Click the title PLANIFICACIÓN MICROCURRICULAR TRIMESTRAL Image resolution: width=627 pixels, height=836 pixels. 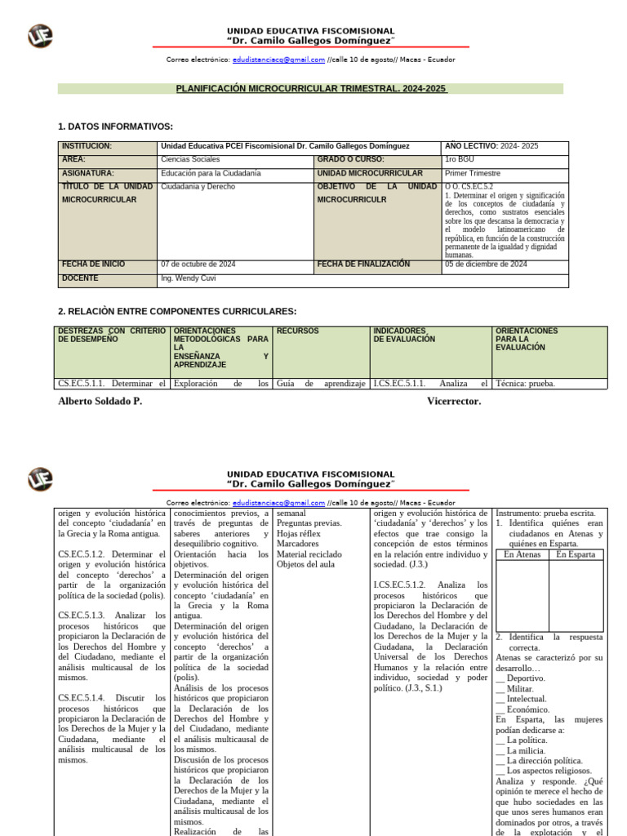pyautogui.click(x=312, y=88)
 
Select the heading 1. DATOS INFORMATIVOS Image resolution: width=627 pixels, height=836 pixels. pyautogui.click(x=116, y=127)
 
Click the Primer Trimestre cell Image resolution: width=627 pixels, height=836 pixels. pyautogui.click(x=473, y=173)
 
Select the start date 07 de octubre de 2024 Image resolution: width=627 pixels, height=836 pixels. pyautogui.click(x=198, y=265)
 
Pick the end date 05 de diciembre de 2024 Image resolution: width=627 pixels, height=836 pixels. pyautogui.click(x=486, y=265)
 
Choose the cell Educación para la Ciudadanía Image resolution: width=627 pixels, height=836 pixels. pyautogui.click(x=211, y=173)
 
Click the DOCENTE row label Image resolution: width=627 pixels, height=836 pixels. pyautogui.click(x=80, y=278)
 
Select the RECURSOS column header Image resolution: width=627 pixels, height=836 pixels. pyautogui.click(x=297, y=331)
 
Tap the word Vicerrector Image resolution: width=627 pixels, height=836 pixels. pyautogui.click(x=454, y=402)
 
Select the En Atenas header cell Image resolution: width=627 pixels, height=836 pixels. pyautogui.click(x=522, y=555)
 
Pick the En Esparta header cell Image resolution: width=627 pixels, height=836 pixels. pyautogui.click(x=576, y=555)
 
